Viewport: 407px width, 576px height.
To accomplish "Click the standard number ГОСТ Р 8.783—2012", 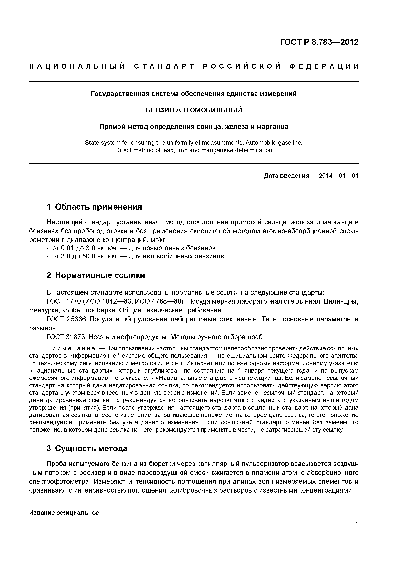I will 319,42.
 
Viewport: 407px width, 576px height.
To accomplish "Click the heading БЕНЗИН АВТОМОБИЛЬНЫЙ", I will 194,110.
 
